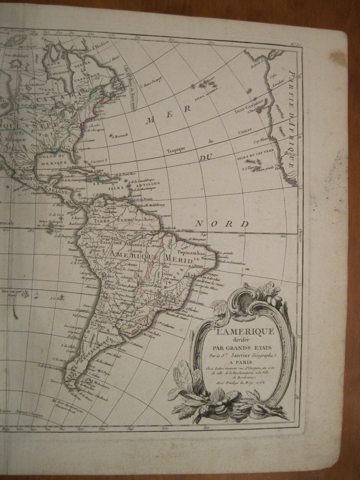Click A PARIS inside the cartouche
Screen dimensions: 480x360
point(242,363)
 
